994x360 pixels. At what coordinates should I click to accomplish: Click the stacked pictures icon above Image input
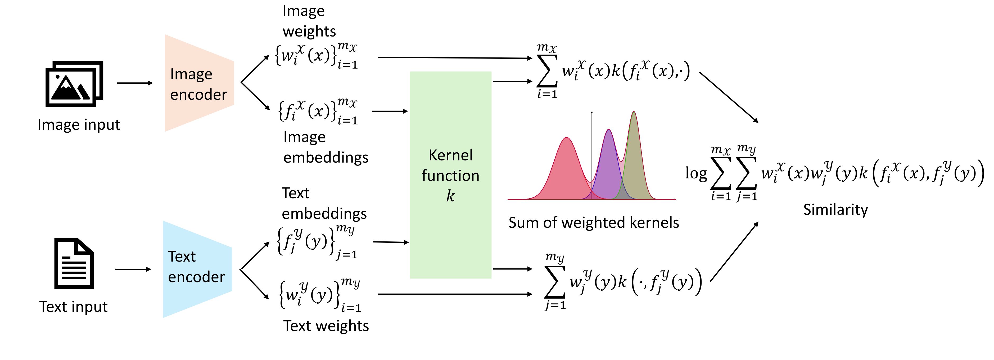(74, 84)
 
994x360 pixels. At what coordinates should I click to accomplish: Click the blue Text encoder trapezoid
(197, 269)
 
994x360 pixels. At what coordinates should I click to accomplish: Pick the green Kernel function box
(450, 174)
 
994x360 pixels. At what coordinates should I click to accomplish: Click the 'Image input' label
(79, 125)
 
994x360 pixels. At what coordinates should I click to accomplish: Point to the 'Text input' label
(73, 307)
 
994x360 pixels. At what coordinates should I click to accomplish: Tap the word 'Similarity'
(835, 210)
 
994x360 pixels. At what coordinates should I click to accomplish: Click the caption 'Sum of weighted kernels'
(594, 223)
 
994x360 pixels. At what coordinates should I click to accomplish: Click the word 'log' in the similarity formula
(696, 173)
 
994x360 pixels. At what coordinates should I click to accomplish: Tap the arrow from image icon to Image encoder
(135, 83)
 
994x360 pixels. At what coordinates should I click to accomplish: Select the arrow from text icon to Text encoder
(133, 269)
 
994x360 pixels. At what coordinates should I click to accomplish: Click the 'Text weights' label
(326, 326)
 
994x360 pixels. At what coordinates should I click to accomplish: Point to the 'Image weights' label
(309, 21)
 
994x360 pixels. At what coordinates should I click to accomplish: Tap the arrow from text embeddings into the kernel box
(391, 242)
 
